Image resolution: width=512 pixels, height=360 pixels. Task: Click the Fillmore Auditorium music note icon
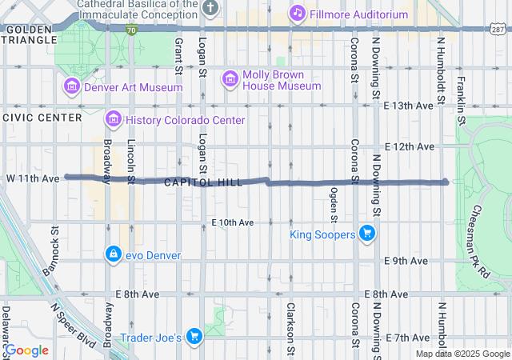(298, 13)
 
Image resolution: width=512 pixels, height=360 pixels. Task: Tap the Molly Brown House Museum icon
(230, 78)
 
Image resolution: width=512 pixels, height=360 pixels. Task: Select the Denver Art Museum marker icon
(71, 86)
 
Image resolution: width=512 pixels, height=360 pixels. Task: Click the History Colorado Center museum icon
(113, 120)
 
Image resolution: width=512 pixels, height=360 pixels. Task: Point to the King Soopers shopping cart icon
(367, 234)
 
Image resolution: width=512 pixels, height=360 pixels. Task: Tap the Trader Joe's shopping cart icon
(193, 337)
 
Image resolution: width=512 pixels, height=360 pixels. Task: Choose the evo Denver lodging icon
(113, 254)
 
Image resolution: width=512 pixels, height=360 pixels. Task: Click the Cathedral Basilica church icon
(210, 9)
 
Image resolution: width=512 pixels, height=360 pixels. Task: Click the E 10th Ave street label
(233, 222)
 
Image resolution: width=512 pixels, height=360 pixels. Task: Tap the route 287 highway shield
(498, 30)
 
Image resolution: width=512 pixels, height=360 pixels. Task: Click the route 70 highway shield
(130, 30)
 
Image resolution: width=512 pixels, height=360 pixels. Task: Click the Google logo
(27, 350)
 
